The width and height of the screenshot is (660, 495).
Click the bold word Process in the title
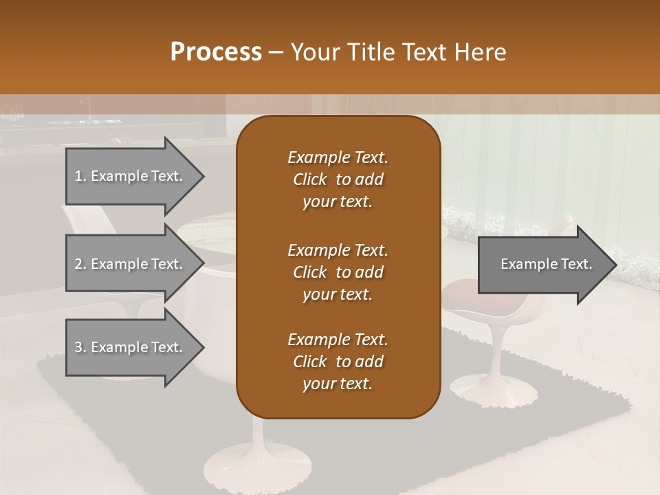click(216, 52)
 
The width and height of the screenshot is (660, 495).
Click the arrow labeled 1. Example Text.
click(131, 176)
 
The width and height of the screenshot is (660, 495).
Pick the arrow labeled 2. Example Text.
click(131, 264)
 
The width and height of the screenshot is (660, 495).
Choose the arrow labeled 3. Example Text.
click(131, 347)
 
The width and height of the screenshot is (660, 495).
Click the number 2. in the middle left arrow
click(80, 264)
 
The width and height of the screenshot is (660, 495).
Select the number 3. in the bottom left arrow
click(80, 347)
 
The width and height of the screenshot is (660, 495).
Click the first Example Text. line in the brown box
click(338, 157)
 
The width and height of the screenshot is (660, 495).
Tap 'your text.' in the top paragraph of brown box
click(338, 202)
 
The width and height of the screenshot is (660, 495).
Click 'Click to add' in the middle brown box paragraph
click(338, 272)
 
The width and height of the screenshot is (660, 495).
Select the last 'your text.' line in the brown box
click(338, 384)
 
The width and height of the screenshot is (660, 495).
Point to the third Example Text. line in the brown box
click(338, 340)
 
